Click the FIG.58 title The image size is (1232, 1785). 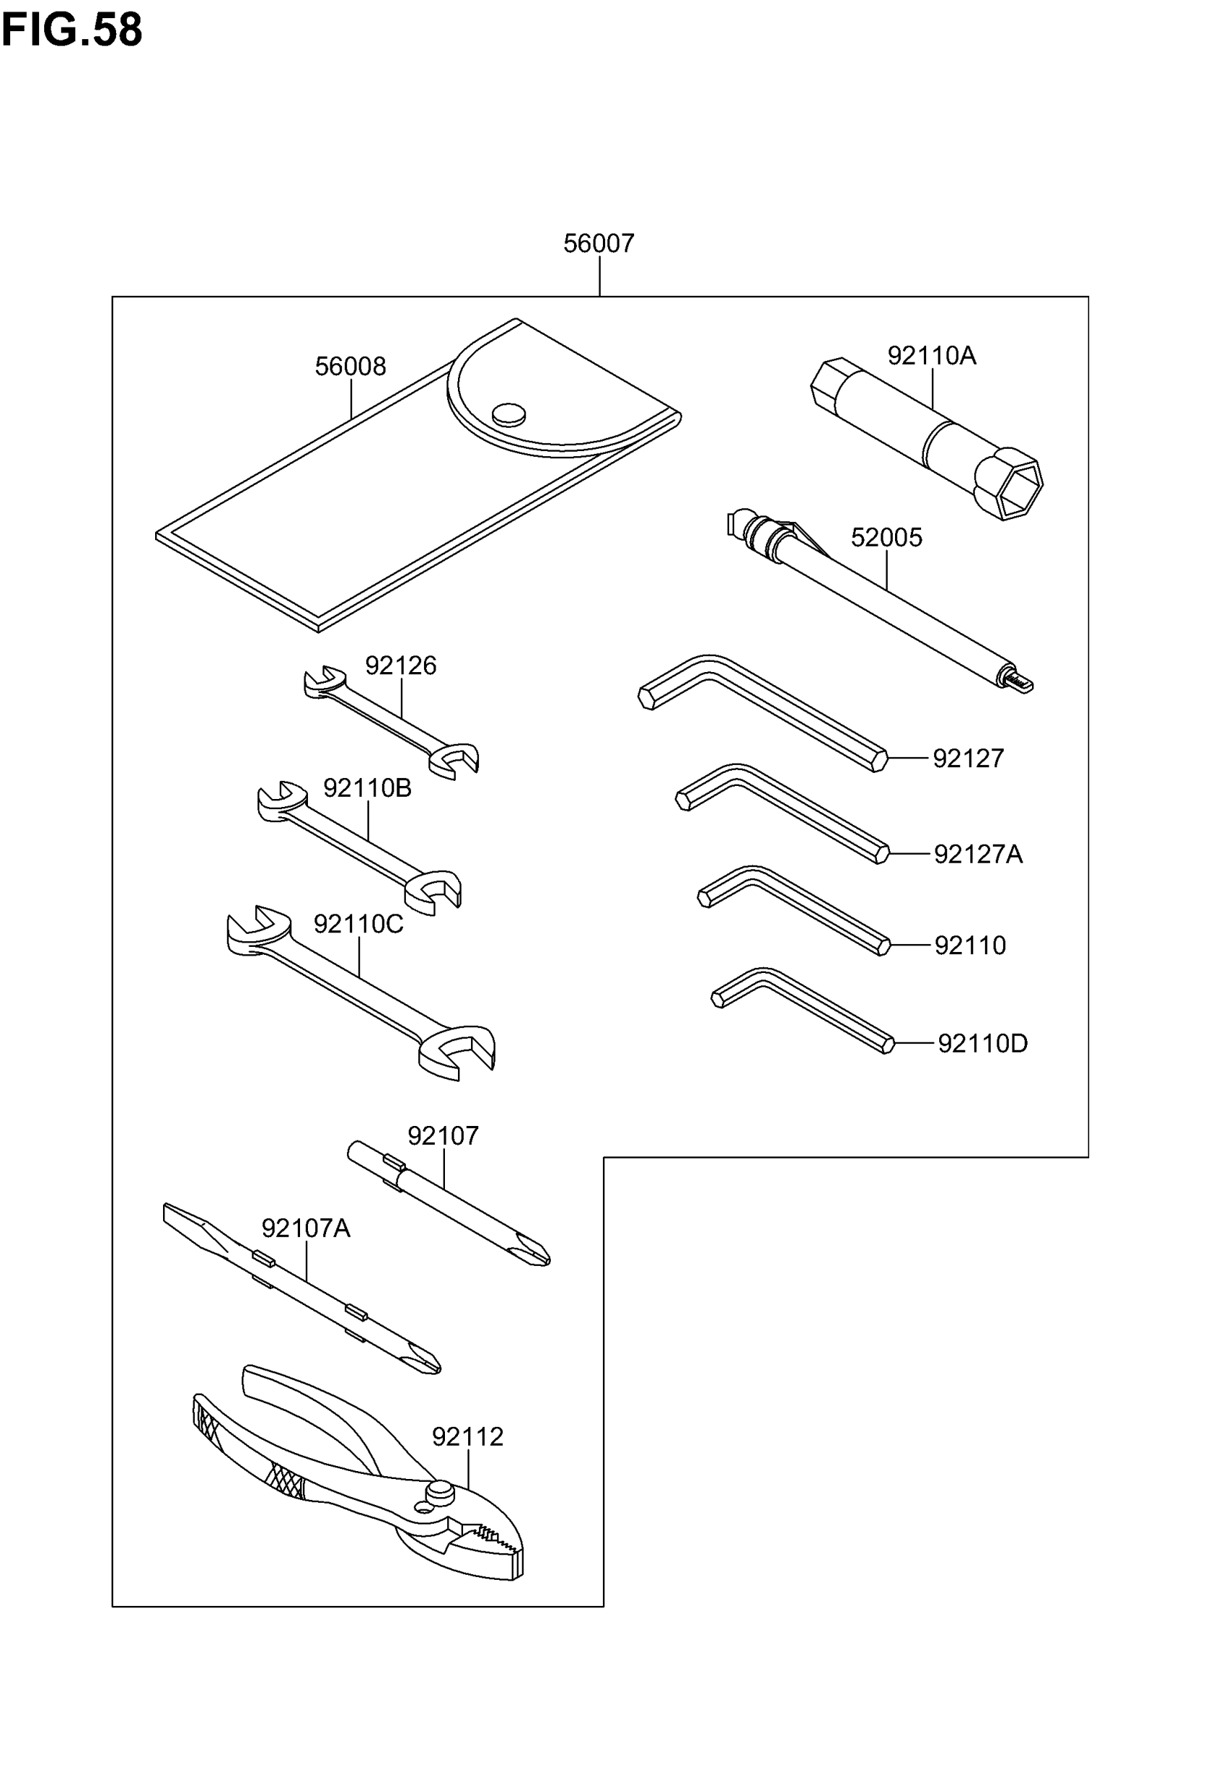(72, 31)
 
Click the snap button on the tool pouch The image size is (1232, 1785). (509, 415)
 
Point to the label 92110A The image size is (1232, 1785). (931, 356)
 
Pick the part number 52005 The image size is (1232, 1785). (886, 537)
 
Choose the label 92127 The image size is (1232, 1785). (968, 759)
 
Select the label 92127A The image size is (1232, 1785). (978, 855)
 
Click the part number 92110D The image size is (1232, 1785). (982, 1044)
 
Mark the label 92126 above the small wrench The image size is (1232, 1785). (401, 666)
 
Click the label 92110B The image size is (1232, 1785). (367, 788)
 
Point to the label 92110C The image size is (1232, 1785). (358, 924)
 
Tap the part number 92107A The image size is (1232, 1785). (306, 1227)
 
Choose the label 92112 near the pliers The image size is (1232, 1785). (467, 1437)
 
